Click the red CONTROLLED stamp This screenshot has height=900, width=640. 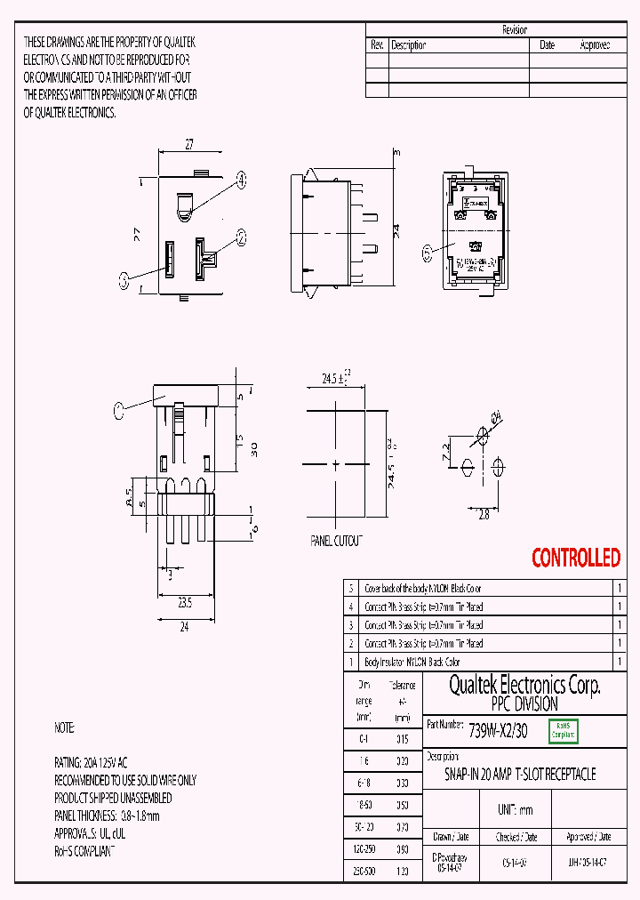(575, 558)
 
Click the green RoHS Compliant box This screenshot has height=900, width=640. (564, 730)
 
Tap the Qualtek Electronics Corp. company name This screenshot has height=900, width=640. (524, 685)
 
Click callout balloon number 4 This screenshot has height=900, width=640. (241, 180)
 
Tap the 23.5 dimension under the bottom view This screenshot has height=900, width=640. (184, 602)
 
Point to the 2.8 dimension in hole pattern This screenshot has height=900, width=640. (484, 515)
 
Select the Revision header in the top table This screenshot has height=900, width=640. (515, 29)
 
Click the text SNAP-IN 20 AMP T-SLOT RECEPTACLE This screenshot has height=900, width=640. (520, 774)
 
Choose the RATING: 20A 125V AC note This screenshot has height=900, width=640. (91, 763)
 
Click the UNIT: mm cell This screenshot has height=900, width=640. (513, 810)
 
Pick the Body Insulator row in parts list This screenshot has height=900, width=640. (412, 662)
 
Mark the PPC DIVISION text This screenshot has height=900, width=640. (524, 703)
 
